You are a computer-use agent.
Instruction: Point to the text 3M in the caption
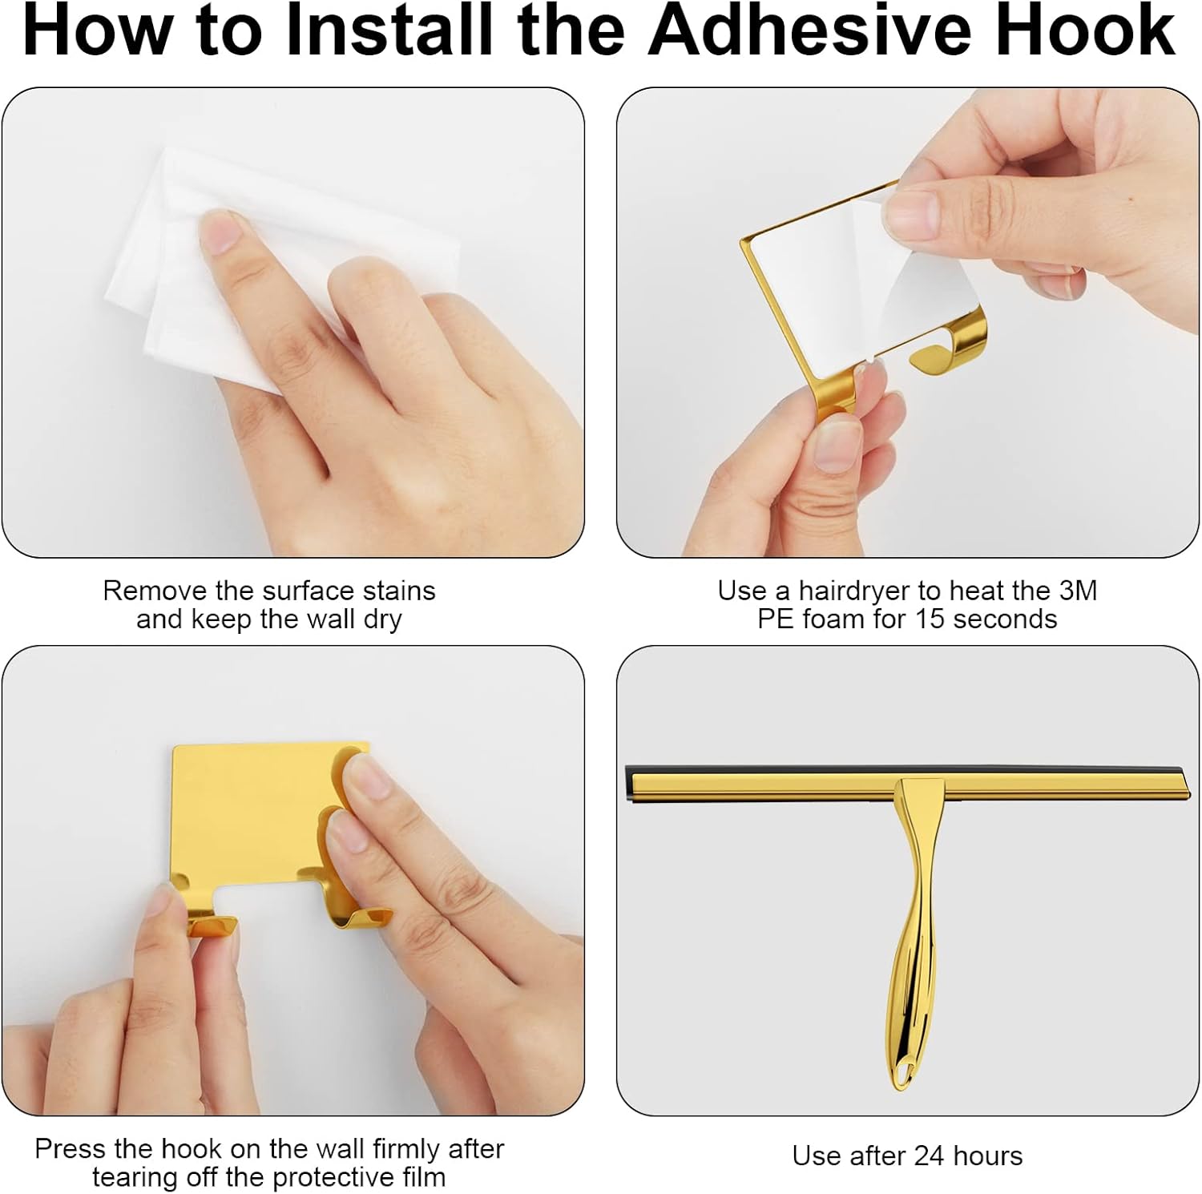1078,591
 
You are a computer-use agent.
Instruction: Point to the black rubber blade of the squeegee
906,775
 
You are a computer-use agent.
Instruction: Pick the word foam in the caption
845,619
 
